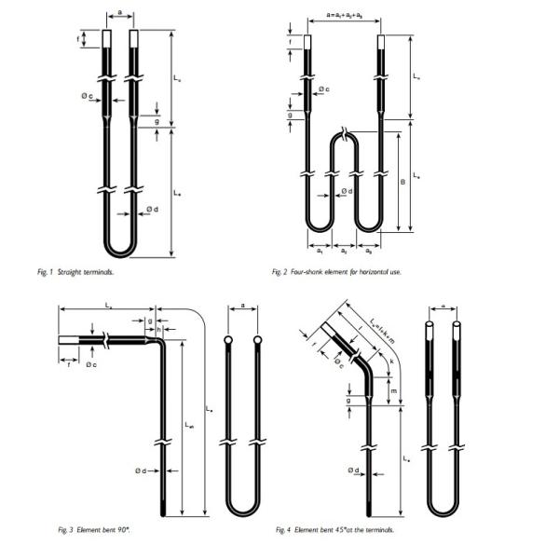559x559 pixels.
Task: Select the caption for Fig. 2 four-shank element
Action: tap(335, 272)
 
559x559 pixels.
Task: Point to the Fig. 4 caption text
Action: tap(334, 530)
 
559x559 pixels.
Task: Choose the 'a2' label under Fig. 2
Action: tap(344, 251)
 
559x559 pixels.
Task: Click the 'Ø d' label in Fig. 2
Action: tap(346, 192)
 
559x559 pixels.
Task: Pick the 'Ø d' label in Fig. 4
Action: tap(353, 470)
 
